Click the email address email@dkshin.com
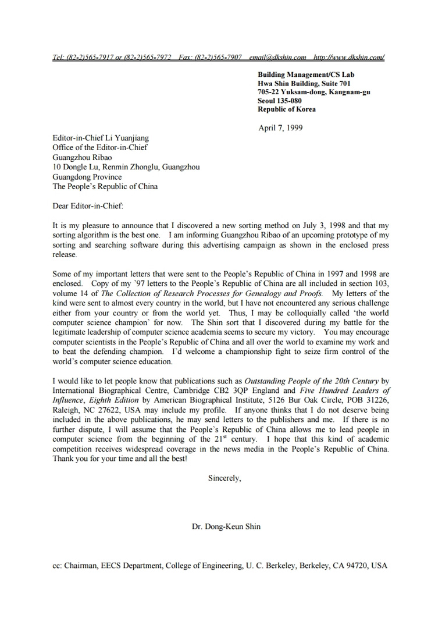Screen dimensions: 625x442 [x=277, y=57]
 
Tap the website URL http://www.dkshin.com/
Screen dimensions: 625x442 [x=348, y=57]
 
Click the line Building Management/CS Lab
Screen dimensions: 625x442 [x=306, y=74]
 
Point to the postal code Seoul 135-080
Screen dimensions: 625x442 [x=280, y=101]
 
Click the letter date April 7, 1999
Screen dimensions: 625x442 [x=280, y=128]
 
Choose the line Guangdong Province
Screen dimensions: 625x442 [x=87, y=177]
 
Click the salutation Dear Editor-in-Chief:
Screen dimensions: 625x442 [x=88, y=205]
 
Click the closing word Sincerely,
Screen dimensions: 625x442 [x=224, y=478]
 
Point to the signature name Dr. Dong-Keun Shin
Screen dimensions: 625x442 [x=226, y=527]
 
